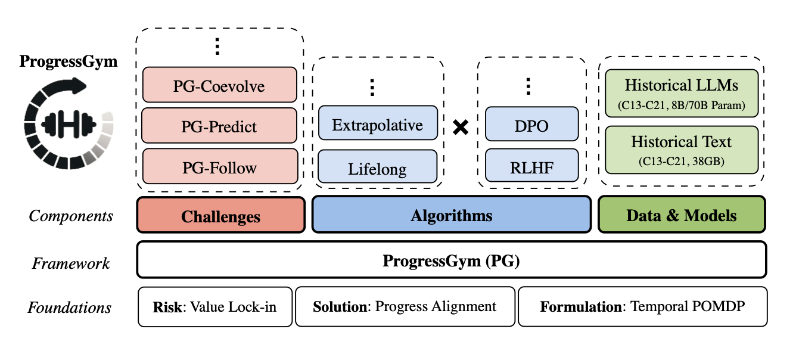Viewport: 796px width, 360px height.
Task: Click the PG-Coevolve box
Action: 219,85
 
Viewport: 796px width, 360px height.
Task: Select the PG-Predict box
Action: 219,126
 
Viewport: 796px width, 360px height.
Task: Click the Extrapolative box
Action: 378,125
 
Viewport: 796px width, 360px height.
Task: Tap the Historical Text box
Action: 681,148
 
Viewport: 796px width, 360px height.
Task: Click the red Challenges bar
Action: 220,215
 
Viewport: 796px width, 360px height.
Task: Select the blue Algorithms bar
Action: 451,215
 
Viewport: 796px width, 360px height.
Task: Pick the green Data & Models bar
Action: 681,215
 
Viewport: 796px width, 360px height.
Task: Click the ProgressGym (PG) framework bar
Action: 451,260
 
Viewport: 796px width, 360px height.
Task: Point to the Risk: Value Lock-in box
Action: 215,307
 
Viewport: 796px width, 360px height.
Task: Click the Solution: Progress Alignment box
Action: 405,307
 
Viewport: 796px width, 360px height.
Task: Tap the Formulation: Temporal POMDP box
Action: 642,307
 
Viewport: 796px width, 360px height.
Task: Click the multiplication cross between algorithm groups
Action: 460,127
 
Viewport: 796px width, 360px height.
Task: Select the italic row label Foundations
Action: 69,308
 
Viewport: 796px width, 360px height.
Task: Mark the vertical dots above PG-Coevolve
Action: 218,46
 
